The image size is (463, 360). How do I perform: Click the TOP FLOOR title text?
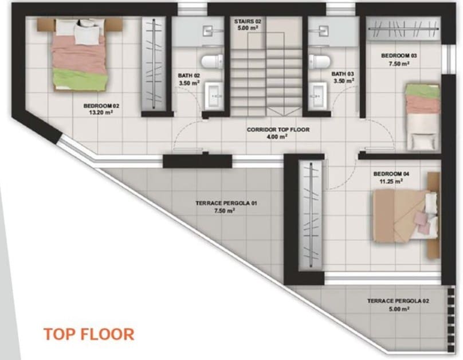click(x=89, y=334)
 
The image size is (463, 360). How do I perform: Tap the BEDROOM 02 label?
click(x=101, y=105)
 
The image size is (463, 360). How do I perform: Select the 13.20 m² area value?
click(x=101, y=112)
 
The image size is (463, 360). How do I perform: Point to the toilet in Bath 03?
click(x=320, y=61)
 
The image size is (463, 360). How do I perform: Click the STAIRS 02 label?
click(x=248, y=21)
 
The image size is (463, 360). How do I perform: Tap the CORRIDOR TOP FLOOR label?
click(x=278, y=130)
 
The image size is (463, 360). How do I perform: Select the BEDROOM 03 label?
click(x=399, y=56)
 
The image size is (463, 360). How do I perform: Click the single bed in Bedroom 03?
click(x=423, y=117)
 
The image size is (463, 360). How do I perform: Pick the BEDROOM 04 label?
click(x=391, y=174)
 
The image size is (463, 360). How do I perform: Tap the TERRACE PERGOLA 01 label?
click(x=226, y=203)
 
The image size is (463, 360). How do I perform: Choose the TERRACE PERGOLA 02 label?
click(x=398, y=301)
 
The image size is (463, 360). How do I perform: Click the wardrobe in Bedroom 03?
click(x=403, y=29)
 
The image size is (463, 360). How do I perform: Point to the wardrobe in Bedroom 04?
click(x=311, y=216)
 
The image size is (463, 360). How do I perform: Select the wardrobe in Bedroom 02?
click(x=154, y=64)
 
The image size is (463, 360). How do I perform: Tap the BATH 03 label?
click(x=343, y=74)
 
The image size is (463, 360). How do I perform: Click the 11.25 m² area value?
click(x=391, y=181)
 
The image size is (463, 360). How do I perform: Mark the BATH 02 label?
click(x=189, y=76)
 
